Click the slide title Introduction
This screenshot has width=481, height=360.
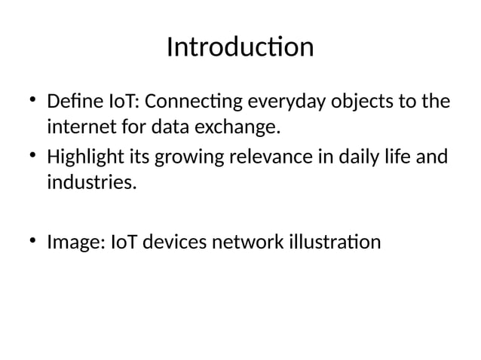point(240,47)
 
